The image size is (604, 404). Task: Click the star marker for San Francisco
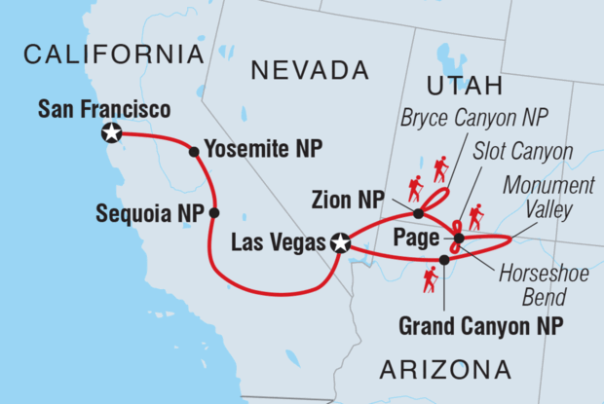click(112, 133)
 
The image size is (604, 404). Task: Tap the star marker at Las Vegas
click(340, 243)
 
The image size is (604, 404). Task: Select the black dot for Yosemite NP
click(194, 151)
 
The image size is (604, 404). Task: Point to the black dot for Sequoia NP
click(214, 212)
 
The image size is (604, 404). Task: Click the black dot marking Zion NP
click(418, 213)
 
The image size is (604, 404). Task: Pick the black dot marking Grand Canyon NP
click(444, 259)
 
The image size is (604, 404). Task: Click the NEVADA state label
click(311, 70)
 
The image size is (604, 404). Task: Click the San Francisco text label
click(104, 107)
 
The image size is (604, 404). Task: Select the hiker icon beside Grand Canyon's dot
click(429, 281)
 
